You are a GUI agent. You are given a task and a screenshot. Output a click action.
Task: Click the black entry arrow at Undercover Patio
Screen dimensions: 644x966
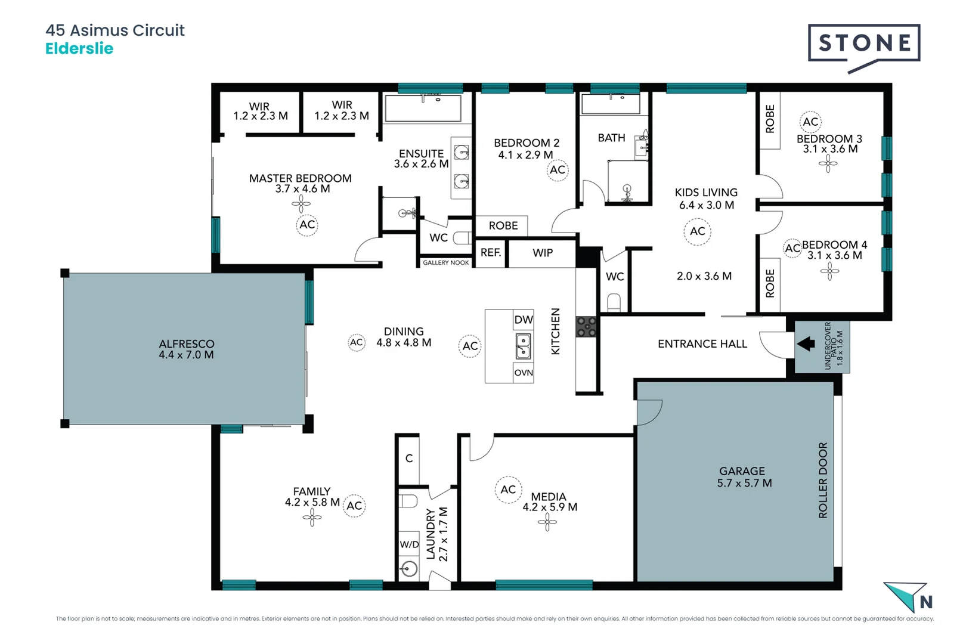pos(806,343)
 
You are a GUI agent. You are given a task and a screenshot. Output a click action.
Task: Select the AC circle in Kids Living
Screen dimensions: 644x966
pos(697,231)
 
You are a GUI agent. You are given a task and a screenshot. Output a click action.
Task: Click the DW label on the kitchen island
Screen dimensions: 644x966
pos(523,320)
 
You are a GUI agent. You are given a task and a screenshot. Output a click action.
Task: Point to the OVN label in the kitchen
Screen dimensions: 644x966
pos(523,373)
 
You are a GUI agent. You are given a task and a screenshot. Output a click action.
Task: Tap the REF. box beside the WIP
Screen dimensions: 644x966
pos(490,253)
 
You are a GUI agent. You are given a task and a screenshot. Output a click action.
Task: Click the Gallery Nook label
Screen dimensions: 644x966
pos(445,262)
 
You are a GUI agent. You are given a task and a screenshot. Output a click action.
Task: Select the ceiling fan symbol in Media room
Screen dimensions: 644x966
pos(547,523)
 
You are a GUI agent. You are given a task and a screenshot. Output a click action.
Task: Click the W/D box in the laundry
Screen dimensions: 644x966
pos(409,544)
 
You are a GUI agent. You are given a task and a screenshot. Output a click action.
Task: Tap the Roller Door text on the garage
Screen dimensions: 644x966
pos(823,480)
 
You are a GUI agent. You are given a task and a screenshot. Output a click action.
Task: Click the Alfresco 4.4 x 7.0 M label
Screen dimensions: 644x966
pos(186,349)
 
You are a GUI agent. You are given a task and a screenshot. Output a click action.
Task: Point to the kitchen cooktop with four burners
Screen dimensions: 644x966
pos(586,327)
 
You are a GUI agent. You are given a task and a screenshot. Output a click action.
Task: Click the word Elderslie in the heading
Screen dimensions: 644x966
pos(79,48)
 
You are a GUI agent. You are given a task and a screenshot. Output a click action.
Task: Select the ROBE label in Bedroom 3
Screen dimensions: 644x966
pos(770,119)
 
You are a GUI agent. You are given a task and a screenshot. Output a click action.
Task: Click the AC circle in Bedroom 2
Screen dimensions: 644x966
pos(557,170)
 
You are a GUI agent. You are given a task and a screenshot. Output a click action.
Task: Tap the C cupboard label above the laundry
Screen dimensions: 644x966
pos(409,458)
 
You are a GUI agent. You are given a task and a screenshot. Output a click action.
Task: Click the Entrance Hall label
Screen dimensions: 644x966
pos(702,344)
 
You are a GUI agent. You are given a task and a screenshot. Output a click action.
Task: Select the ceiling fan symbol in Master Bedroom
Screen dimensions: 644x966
pos(301,205)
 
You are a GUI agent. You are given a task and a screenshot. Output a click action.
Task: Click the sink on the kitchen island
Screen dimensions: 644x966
pos(523,346)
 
